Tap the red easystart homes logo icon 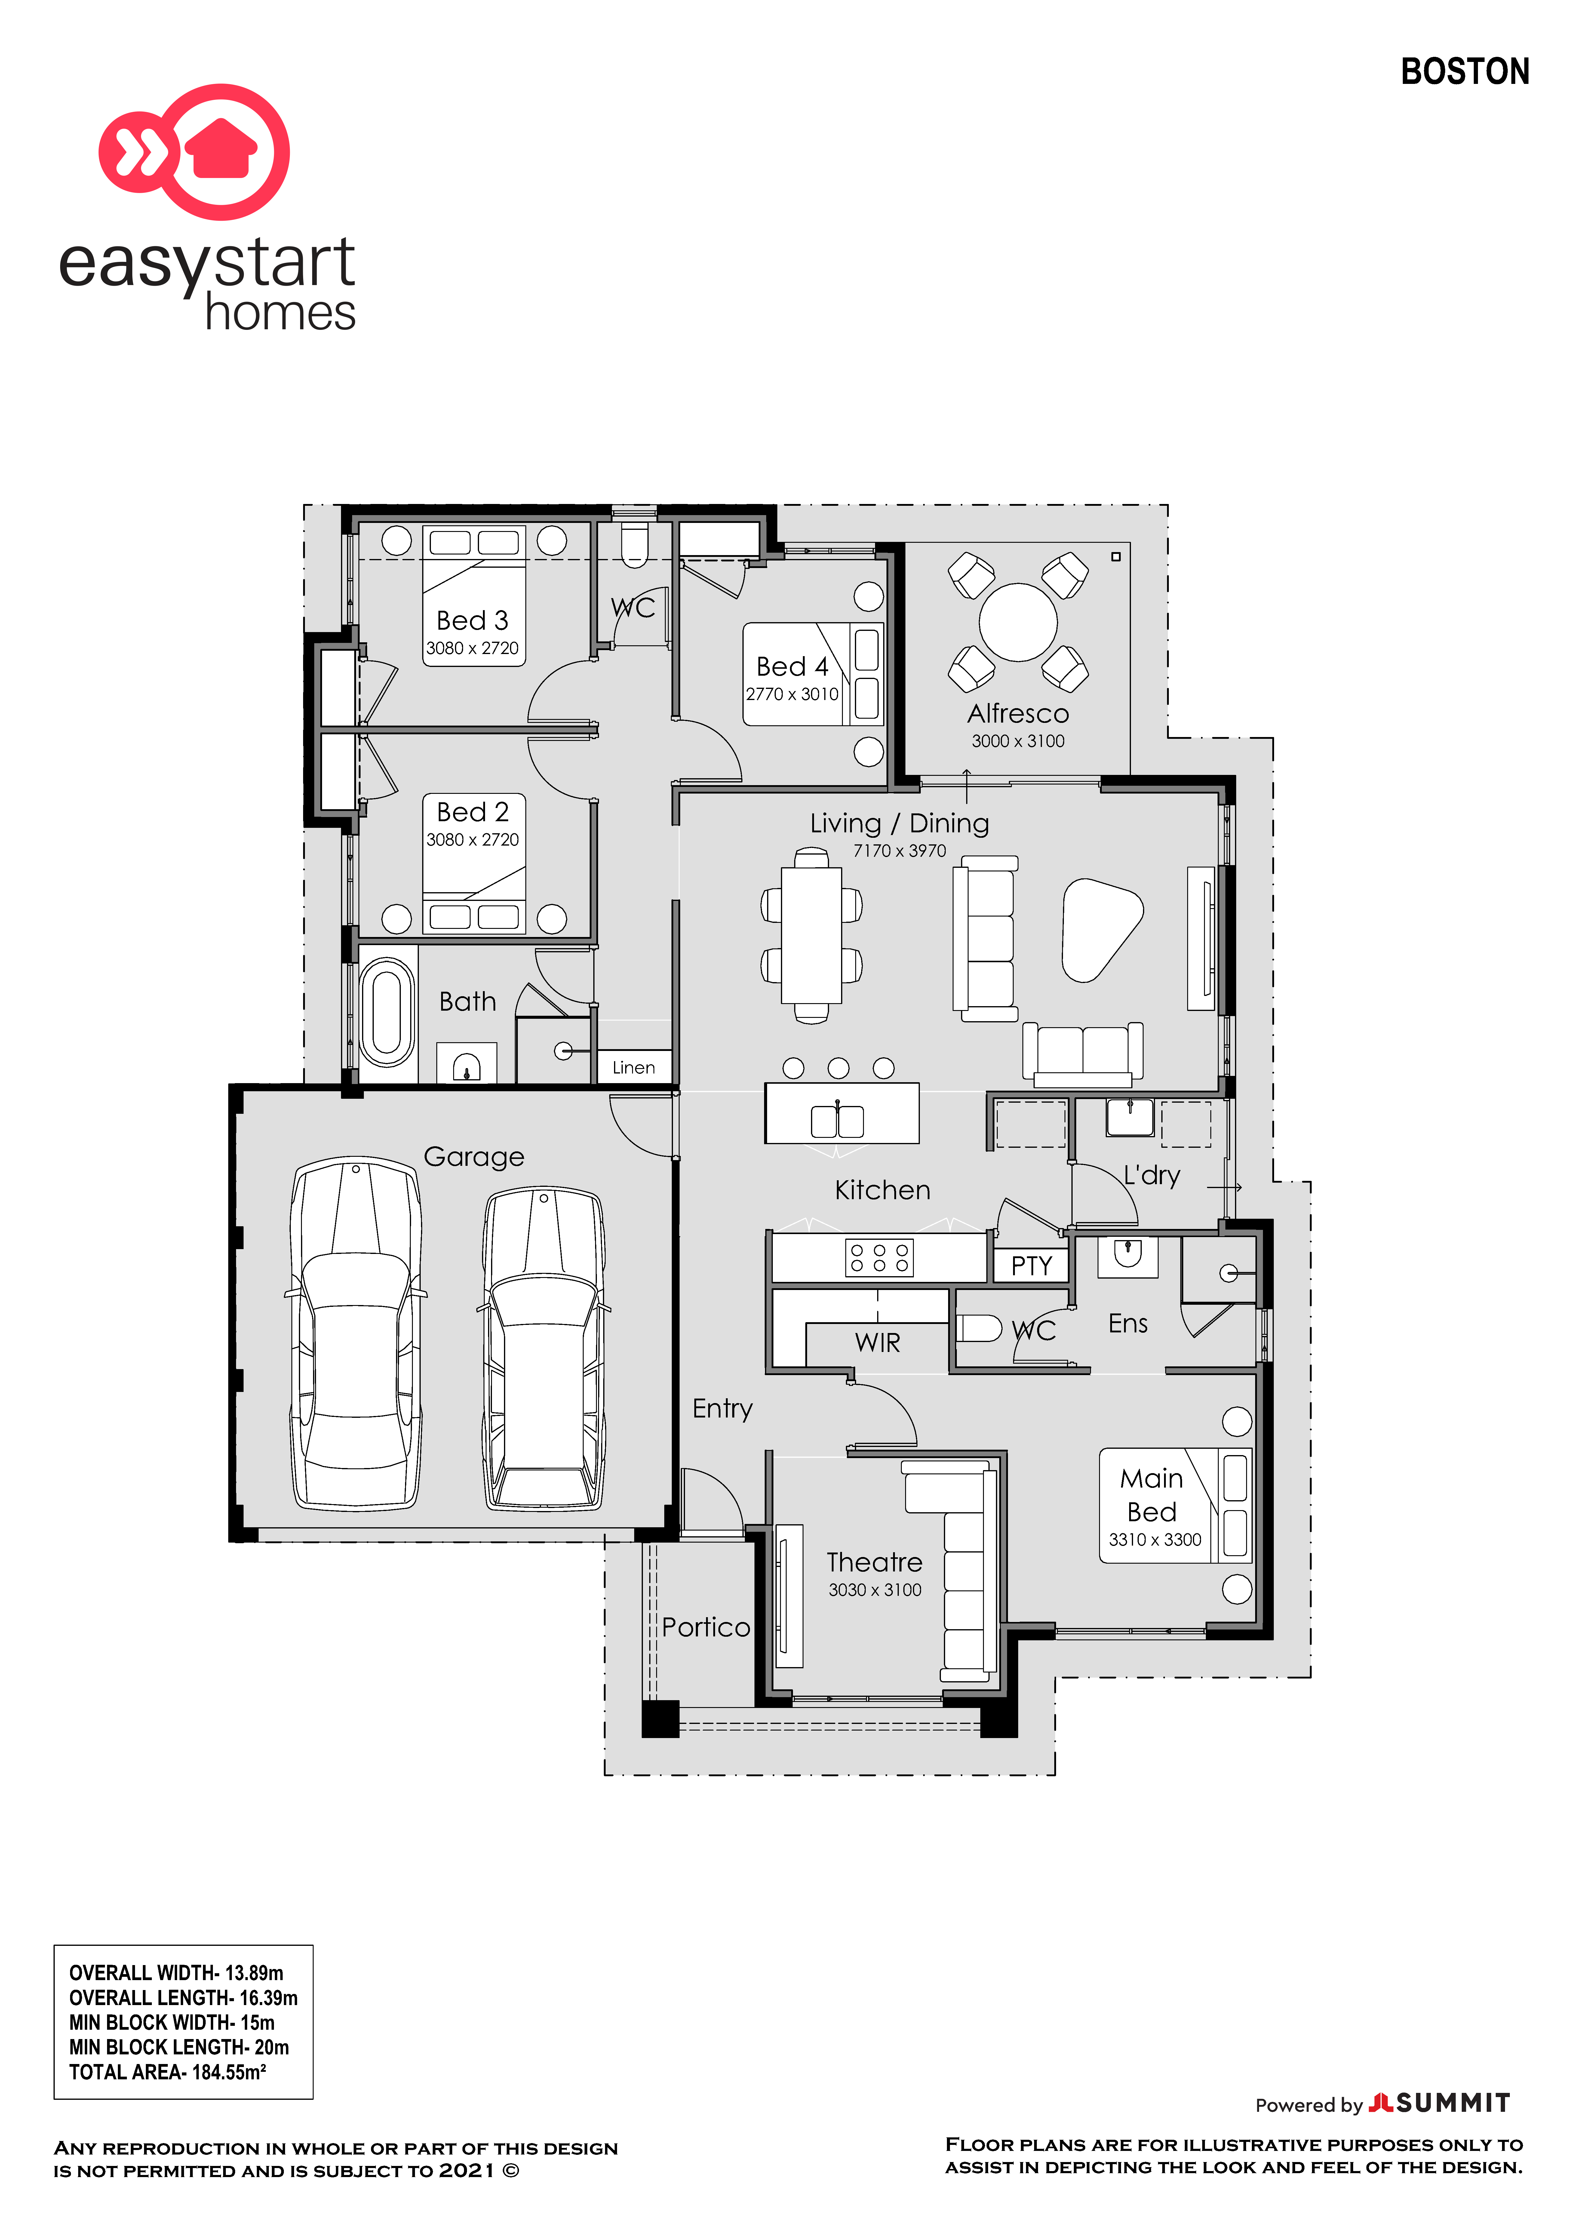tap(195, 152)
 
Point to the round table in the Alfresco tap(1018, 622)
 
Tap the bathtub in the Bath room tap(387, 1012)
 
